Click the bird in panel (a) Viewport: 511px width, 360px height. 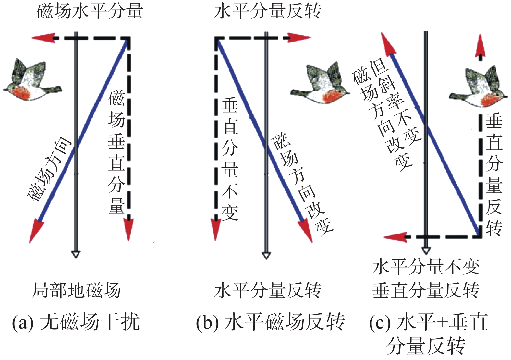point(31,81)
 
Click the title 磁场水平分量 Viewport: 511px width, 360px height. point(90,11)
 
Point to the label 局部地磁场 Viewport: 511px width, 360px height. point(77,290)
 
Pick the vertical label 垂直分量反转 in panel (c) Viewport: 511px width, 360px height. point(494,175)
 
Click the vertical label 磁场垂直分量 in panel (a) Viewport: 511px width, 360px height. point(116,152)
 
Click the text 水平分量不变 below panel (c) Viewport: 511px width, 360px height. point(426,268)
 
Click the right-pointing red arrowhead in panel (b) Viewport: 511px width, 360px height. point(300,38)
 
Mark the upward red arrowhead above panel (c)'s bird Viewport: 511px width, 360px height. point(480,49)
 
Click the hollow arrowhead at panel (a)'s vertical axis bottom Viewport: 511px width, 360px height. point(76,254)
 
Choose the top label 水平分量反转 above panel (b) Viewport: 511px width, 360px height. point(268,11)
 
